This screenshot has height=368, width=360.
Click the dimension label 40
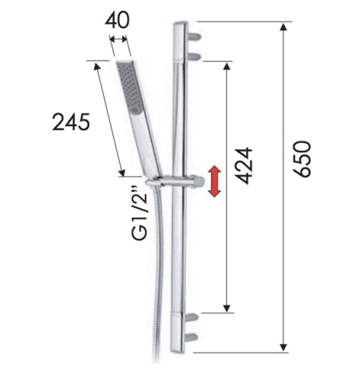pos(119,20)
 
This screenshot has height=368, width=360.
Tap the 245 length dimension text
pos(71,121)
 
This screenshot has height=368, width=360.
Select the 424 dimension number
pos(245,166)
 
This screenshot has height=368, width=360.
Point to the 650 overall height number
pos(303,159)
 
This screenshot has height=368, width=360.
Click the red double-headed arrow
pos(213,182)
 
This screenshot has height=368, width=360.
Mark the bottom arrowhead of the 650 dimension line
pos(283,345)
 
